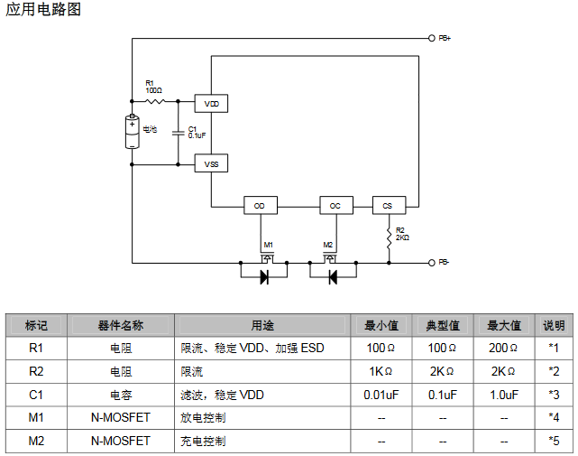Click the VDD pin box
(212, 104)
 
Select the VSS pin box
(212, 164)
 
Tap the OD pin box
(260, 206)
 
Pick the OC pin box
(335, 206)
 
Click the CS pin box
(389, 206)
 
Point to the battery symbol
(133, 132)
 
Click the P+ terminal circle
(431, 39)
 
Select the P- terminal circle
(431, 263)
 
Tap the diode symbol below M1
(265, 277)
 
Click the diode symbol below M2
(332, 277)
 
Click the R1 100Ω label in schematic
(153, 88)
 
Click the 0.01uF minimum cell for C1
(381, 395)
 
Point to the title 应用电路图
(43, 12)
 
